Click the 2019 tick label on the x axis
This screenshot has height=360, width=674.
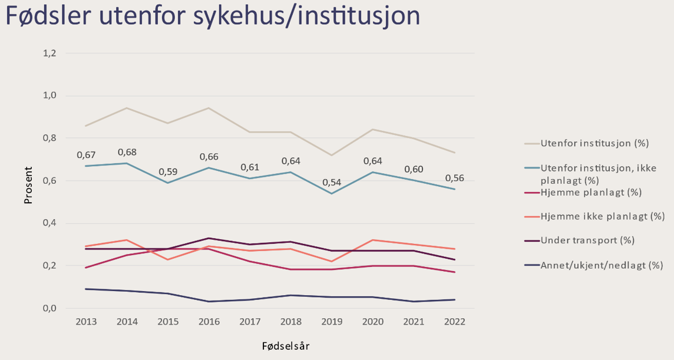click(332, 322)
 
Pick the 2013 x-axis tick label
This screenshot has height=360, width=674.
click(87, 322)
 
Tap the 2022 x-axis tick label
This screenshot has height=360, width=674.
click(455, 322)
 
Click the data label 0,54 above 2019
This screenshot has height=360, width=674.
click(332, 183)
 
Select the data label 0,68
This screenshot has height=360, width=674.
click(128, 153)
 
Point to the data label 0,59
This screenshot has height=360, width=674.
click(168, 173)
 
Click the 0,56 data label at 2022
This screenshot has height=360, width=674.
click(455, 178)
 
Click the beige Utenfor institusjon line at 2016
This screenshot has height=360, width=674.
click(209, 108)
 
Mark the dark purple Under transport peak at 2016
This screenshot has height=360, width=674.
click(209, 238)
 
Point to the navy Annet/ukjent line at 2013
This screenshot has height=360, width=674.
click(87, 289)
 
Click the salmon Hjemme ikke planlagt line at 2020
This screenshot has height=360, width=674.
click(373, 240)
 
